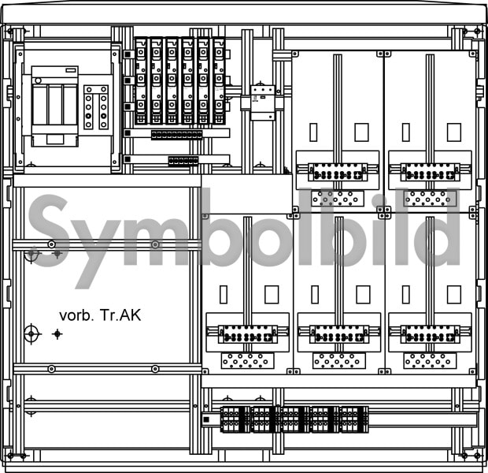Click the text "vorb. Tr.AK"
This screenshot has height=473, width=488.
(x=100, y=315)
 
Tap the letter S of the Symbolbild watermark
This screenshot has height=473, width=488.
(x=48, y=231)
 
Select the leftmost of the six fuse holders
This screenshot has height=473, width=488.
(x=141, y=81)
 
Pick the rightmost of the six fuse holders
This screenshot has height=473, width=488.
(x=219, y=81)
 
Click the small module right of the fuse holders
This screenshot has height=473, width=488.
(x=263, y=102)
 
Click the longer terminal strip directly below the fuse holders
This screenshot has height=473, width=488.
(x=176, y=135)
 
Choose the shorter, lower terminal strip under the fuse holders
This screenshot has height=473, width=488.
(x=183, y=161)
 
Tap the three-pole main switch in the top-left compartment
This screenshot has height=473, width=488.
(x=55, y=106)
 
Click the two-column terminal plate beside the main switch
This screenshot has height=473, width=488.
(x=96, y=107)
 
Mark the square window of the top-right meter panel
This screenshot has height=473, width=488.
(x=454, y=132)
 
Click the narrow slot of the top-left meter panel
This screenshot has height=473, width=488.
(x=313, y=132)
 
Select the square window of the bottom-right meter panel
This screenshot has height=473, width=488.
(x=454, y=294)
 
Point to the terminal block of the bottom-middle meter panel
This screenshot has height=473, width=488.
(x=339, y=334)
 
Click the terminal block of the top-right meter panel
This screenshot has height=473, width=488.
(x=430, y=172)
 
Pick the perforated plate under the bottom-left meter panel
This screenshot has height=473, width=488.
(x=248, y=360)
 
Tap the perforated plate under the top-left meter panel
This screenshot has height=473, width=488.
(x=338, y=199)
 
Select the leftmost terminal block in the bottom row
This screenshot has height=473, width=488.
(x=235, y=419)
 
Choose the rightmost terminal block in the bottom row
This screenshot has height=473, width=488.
(x=354, y=419)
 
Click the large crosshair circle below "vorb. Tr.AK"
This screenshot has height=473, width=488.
(x=31, y=334)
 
